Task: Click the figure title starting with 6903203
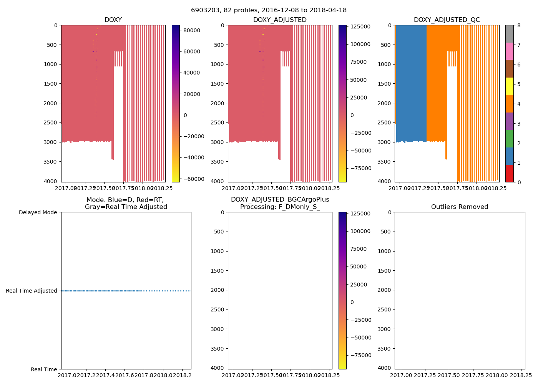pos(269,10)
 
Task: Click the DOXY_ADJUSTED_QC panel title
pos(447,20)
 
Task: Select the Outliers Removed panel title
pos(460,207)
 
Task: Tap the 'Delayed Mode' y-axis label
pos(38,212)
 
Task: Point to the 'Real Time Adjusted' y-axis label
pos(32,291)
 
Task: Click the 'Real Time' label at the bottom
pos(44,369)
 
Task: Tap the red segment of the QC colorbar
pos(509,173)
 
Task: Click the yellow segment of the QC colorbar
pos(509,86)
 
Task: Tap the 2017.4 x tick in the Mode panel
pos(106,375)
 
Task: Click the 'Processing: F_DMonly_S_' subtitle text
pos(280,207)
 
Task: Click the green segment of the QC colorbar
pos(509,138)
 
